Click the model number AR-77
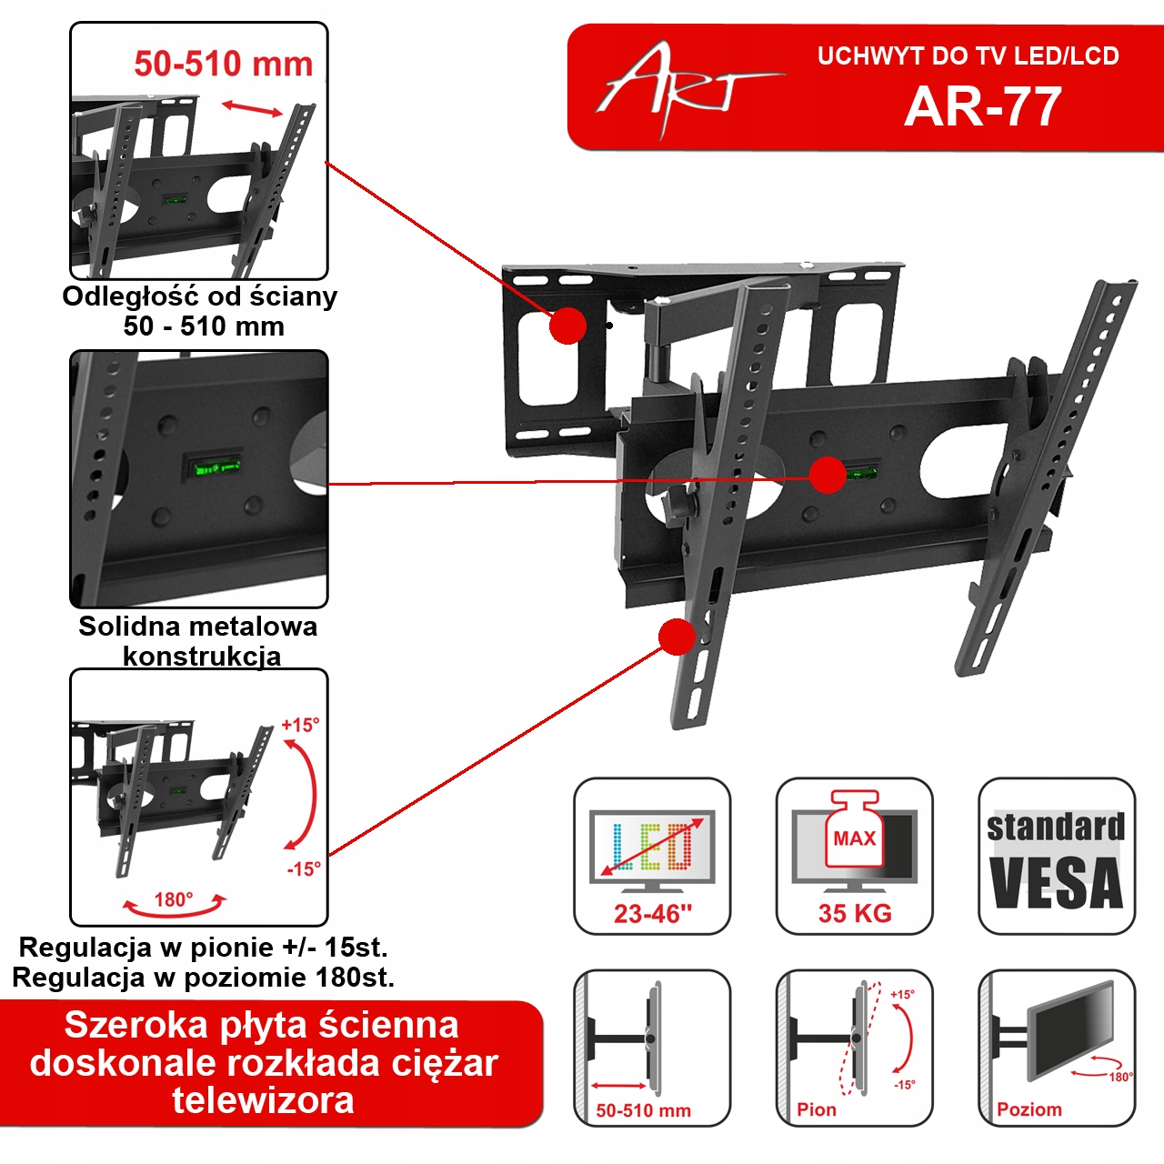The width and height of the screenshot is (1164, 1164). point(982,107)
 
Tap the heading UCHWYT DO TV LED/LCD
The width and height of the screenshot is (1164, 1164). point(968,56)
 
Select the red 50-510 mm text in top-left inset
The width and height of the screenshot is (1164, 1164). point(223,64)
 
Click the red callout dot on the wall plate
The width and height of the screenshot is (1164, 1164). point(568,326)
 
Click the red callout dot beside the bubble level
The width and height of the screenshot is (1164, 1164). point(828,475)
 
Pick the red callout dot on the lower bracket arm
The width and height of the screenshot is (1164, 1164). point(677,637)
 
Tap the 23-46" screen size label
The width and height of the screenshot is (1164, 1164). point(652,914)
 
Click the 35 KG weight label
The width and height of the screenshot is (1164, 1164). point(854,914)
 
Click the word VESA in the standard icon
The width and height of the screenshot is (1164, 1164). point(1056,883)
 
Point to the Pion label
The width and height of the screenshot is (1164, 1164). point(816,1109)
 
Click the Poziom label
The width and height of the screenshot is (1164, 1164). point(1029,1109)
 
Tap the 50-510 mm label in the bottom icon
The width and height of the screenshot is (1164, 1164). point(643,1110)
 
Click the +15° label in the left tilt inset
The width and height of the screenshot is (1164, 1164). point(300,725)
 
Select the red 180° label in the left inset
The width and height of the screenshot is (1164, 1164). point(173,899)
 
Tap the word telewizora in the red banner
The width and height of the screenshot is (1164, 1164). point(263,1100)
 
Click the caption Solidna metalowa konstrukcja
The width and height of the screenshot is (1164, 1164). point(198,640)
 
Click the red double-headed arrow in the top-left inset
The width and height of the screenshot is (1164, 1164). point(253,109)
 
